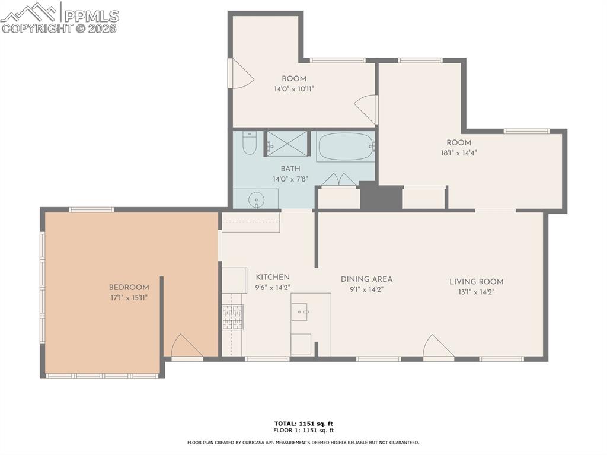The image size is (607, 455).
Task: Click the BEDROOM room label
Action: click(129, 288)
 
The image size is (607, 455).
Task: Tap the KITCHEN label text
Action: click(273, 277)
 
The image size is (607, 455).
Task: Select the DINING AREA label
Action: click(366, 279)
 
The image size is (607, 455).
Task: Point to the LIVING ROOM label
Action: click(476, 282)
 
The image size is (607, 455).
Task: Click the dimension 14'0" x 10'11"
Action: click(293, 89)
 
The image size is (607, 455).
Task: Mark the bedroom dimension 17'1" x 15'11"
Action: click(129, 297)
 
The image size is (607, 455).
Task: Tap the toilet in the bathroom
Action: click(250, 143)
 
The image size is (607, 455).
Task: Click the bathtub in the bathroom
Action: click(345, 147)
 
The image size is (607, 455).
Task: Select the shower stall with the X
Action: click(287, 144)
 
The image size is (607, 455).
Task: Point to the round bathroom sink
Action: click(256, 199)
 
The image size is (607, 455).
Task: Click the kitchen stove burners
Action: click(232, 317)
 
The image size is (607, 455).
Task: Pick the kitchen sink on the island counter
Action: click(299, 311)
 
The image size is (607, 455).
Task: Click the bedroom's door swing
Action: click(185, 346)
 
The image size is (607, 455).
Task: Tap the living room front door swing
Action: click(437, 347)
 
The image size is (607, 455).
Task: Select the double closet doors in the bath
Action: click(338, 180)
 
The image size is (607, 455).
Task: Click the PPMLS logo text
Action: click(91, 16)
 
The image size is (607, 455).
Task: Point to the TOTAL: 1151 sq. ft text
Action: click(303, 424)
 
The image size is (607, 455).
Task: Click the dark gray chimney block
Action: click(380, 197)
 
